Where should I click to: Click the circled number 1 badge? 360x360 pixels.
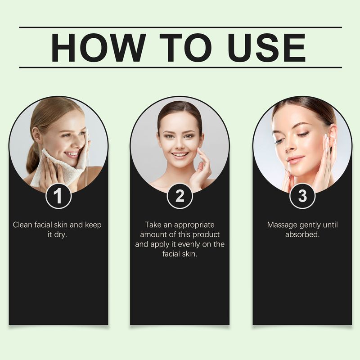(x=58, y=196)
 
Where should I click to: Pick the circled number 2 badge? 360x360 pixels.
(x=180, y=196)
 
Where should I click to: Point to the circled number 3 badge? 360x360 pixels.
(x=302, y=196)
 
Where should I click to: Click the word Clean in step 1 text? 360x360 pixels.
(x=22, y=225)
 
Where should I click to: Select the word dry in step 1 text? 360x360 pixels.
(x=60, y=235)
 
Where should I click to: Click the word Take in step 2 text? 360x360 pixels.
(x=153, y=225)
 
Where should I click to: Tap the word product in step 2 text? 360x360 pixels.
(x=207, y=234)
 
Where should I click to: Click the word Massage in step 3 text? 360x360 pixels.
(x=282, y=225)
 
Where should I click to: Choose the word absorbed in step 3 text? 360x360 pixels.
(x=302, y=235)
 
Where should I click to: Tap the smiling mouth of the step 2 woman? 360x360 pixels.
(x=180, y=155)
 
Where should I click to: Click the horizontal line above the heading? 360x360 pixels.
(x=180, y=27)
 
